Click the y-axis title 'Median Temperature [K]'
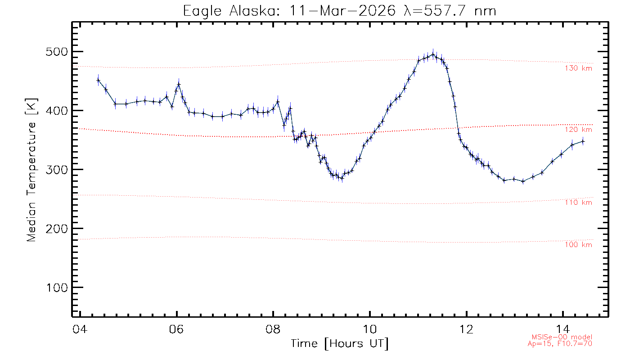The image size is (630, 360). tap(31, 170)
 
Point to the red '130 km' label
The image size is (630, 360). tap(578, 68)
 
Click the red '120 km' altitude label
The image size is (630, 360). tap(578, 130)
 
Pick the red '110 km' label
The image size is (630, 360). tap(578, 202)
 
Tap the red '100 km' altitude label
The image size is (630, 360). tap(578, 245)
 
